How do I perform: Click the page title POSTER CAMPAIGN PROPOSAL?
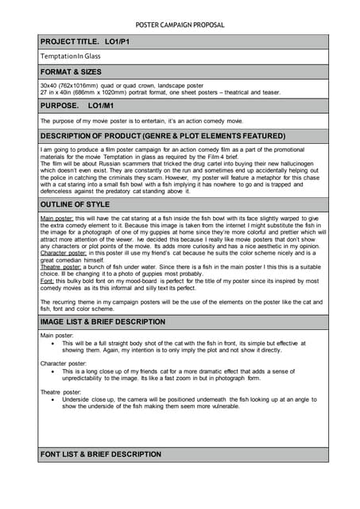180,25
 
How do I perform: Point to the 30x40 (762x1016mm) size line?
122,84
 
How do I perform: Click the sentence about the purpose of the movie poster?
141,121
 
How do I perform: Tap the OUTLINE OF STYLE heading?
75,204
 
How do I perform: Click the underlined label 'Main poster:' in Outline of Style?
57,218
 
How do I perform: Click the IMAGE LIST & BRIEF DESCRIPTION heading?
103,322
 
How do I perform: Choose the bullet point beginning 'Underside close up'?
183,402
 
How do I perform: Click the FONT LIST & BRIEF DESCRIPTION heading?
101,454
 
